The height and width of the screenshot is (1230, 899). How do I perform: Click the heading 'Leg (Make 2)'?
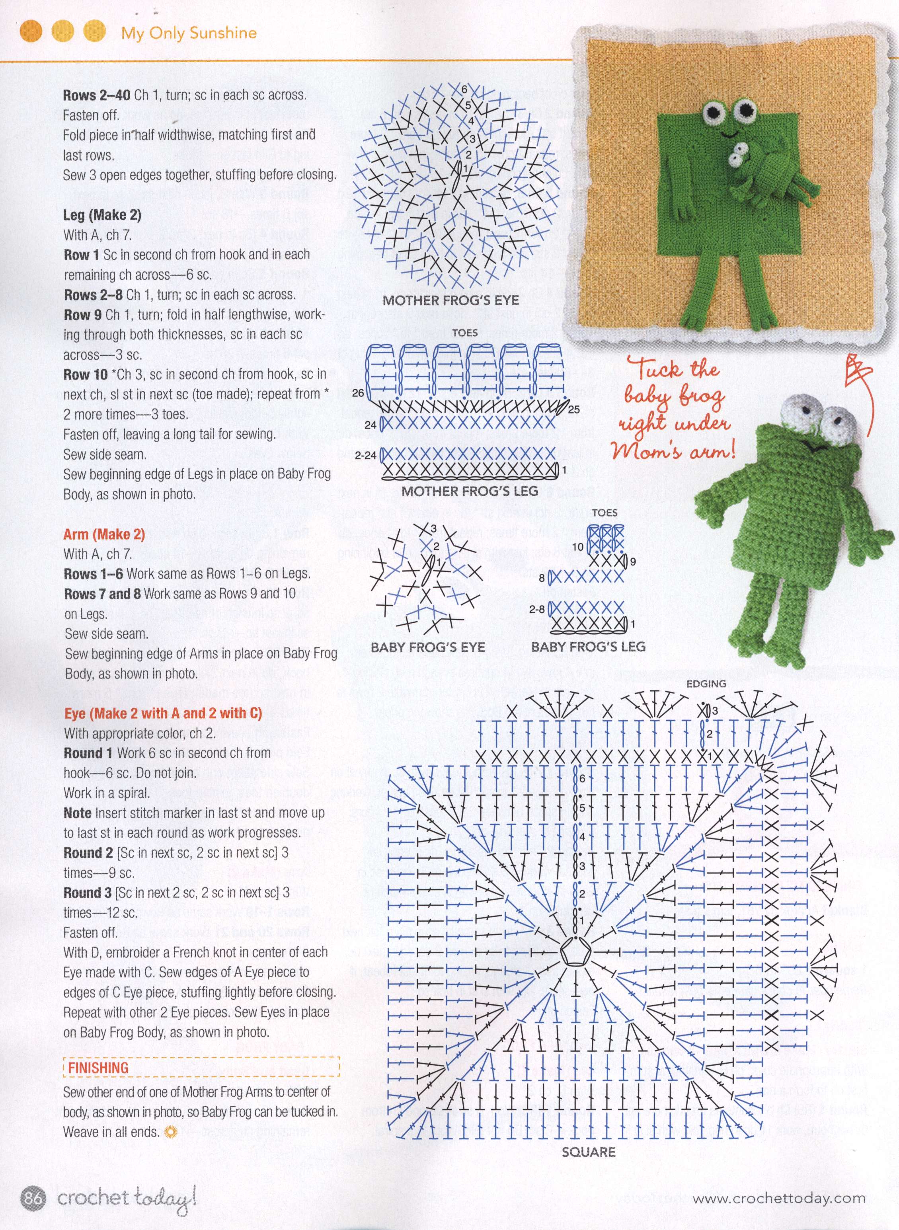pos(102,215)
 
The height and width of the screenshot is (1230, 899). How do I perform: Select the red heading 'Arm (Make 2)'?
pos(104,534)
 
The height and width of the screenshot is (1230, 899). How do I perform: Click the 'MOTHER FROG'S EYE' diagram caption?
pos(450,300)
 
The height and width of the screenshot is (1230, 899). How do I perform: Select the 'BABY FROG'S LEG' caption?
pos(588,647)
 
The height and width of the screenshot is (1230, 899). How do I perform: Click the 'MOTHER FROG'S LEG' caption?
pos(469,491)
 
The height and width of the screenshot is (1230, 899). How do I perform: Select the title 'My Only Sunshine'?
pos(188,33)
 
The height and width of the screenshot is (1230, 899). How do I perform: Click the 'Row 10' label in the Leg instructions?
pos(83,374)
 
